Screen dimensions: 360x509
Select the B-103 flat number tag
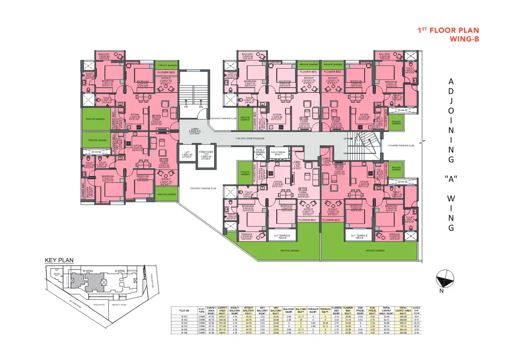pyautogui.click(x=302, y=189)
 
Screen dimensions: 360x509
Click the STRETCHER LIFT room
pyautogui.click(x=206, y=154)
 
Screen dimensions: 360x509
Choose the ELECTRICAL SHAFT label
pyautogui.click(x=278, y=153)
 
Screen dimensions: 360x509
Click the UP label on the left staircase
pyautogui.click(x=186, y=107)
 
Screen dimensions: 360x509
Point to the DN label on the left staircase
pyautogui.click(x=201, y=107)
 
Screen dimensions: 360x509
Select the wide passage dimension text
pyautogui.click(x=250, y=138)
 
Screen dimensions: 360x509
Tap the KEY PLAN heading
pyautogui.click(x=59, y=260)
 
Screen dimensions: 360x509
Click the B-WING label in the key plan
pyautogui.click(x=88, y=271)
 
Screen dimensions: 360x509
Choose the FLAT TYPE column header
pyautogui.click(x=202, y=311)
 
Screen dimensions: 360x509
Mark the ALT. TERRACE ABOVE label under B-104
pyautogui.click(x=359, y=237)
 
